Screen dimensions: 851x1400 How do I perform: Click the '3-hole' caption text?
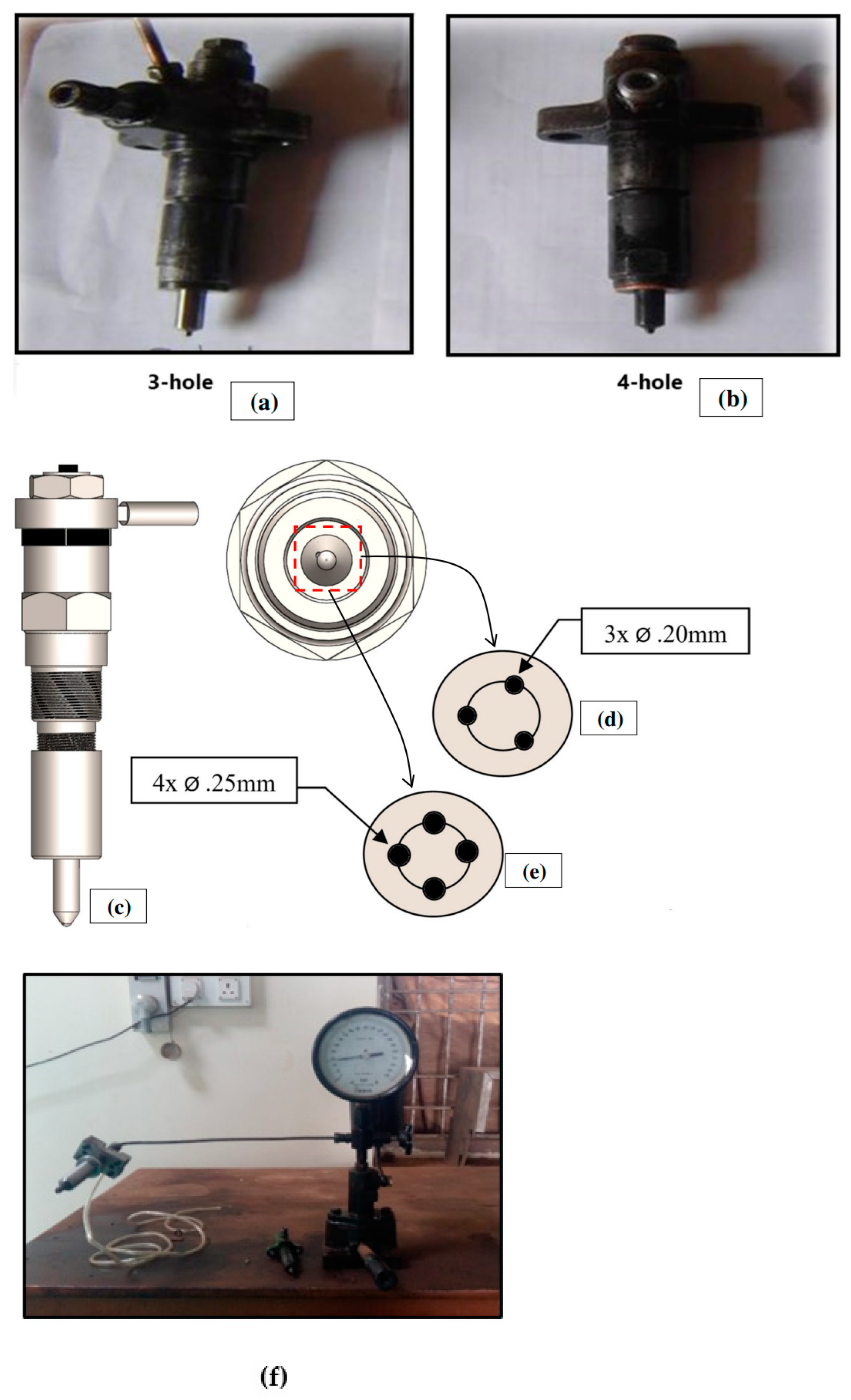[180, 382]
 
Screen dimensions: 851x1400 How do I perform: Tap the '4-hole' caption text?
[649, 382]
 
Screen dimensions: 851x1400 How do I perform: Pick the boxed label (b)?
[731, 398]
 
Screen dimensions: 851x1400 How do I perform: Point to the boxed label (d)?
[608, 718]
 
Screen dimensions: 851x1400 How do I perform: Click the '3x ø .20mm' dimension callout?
[665, 631]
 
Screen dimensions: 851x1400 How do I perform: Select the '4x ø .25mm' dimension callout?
[214, 780]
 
